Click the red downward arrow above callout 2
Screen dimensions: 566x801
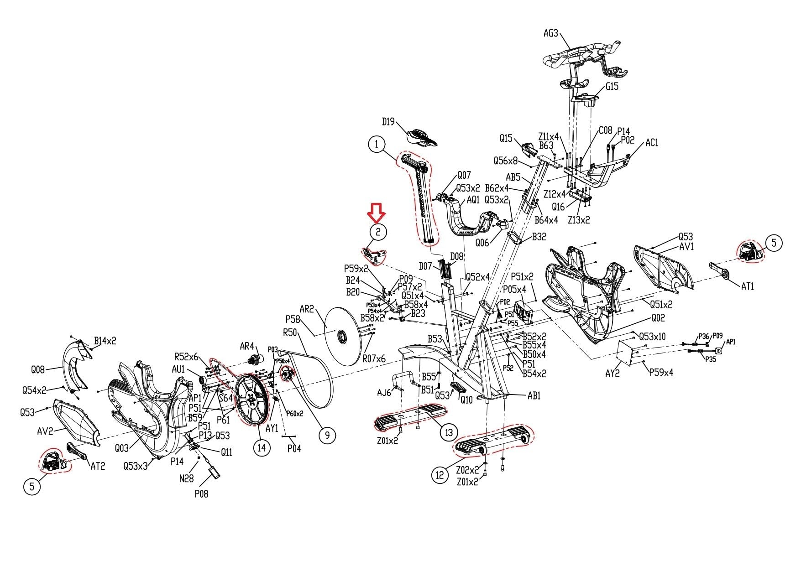coord(377,212)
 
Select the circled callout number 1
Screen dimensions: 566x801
coord(377,145)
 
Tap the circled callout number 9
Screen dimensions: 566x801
coord(327,436)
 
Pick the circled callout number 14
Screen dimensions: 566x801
coord(262,447)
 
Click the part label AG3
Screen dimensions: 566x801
coord(551,33)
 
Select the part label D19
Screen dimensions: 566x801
coord(388,122)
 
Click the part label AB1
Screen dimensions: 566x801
coord(534,396)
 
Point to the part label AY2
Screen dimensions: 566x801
coord(612,373)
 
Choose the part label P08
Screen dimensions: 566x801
coord(201,493)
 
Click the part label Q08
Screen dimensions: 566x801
coord(38,369)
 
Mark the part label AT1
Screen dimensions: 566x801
coord(747,286)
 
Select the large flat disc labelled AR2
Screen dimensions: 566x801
coord(343,335)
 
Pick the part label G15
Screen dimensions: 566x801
coord(612,86)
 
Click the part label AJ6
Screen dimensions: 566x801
coord(384,393)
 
